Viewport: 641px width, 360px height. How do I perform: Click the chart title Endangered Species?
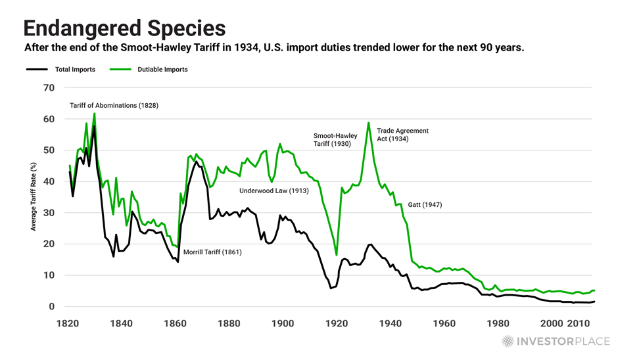(x=124, y=28)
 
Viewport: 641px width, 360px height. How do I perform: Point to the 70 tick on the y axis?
(x=49, y=88)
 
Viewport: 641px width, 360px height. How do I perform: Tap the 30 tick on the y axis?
(x=49, y=213)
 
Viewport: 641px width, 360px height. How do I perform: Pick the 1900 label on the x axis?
(x=283, y=324)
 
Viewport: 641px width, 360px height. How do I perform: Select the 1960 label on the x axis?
(x=445, y=324)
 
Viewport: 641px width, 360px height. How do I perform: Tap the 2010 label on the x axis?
(x=579, y=324)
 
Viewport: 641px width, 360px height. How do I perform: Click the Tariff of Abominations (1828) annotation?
(x=114, y=105)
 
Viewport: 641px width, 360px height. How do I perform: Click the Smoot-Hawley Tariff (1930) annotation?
(x=335, y=141)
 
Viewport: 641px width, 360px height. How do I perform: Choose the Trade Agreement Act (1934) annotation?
(x=402, y=135)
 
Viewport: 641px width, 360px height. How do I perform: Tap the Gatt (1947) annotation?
(x=425, y=205)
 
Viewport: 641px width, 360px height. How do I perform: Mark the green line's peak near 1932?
(x=368, y=123)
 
